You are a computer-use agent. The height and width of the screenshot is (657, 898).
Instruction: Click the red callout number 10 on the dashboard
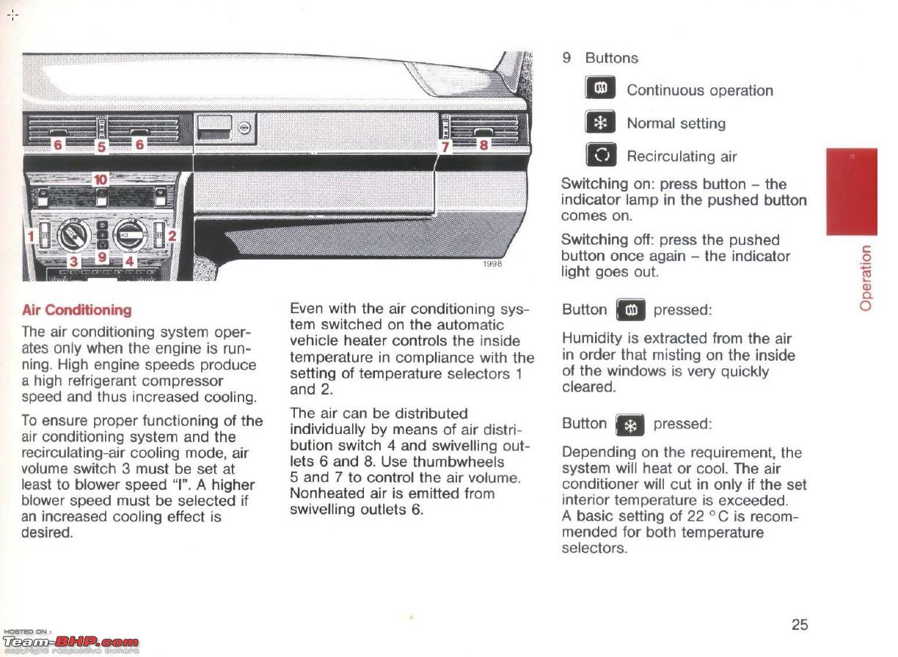[x=101, y=180]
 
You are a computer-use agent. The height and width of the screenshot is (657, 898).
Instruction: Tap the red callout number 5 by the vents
[x=101, y=147]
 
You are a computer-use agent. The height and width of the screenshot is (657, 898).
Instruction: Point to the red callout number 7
[x=445, y=147]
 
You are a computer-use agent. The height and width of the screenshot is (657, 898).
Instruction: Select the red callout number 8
[x=484, y=144]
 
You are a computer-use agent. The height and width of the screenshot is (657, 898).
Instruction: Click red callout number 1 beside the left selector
[x=31, y=236]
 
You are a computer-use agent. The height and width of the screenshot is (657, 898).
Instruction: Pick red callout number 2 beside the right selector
[x=172, y=235]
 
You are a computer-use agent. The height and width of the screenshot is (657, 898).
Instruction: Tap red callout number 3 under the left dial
[x=73, y=262]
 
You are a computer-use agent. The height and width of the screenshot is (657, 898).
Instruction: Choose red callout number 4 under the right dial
[x=129, y=262]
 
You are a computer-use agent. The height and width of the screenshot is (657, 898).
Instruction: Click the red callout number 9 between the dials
[x=102, y=257]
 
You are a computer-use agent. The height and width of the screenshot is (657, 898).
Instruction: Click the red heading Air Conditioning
[x=77, y=310]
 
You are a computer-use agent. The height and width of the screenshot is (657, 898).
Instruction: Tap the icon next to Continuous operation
[x=600, y=87]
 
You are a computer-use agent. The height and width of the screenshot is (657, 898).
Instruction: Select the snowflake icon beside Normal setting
[x=600, y=122]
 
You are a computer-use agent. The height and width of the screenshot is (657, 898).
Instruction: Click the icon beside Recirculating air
[x=601, y=155]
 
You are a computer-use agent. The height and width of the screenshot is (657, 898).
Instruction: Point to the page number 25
[x=800, y=625]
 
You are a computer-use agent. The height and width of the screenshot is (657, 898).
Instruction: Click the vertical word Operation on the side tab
[x=865, y=279]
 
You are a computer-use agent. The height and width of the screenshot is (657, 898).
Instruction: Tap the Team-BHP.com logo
[x=71, y=643]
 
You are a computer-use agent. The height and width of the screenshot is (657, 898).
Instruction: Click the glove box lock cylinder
[x=244, y=128]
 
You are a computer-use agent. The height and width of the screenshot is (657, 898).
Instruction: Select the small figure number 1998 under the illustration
[x=492, y=263]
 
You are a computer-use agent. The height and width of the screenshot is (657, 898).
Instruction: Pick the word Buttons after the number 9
[x=611, y=58]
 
